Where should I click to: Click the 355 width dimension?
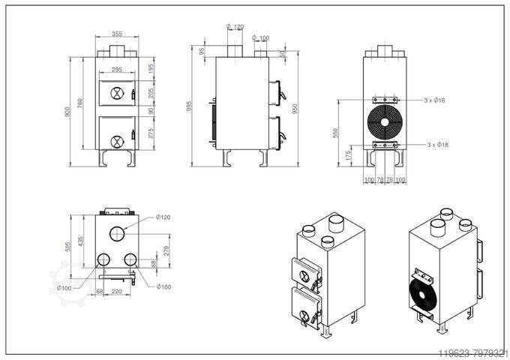tap(116, 34)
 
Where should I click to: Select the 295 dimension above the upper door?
tap(116, 70)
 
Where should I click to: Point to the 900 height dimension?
tap(68, 112)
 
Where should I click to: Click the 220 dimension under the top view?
tap(116, 292)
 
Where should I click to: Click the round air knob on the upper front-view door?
tap(115, 94)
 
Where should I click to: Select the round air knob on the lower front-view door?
tap(115, 140)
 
